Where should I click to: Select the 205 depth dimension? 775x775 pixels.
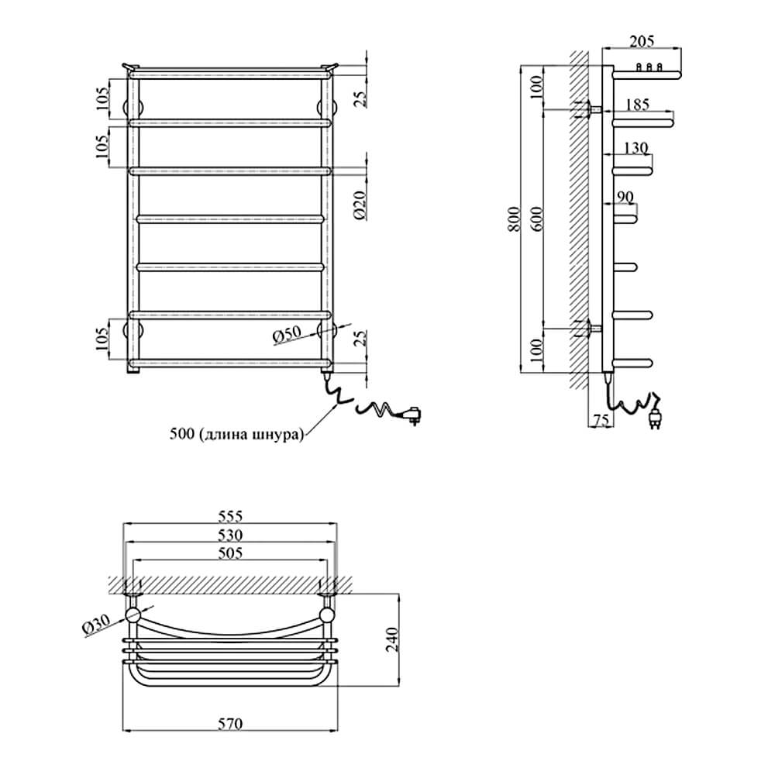click(x=642, y=41)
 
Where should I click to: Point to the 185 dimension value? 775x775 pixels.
click(x=637, y=105)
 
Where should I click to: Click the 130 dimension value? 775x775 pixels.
click(x=635, y=148)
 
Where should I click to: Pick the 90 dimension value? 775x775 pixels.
click(x=625, y=197)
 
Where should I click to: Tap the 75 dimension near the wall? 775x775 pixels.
click(x=601, y=420)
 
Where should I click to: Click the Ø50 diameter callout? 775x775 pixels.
click(x=287, y=335)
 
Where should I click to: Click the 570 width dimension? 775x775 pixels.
click(x=230, y=724)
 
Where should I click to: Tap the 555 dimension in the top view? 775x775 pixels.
click(x=230, y=516)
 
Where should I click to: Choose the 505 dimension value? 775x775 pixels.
click(x=230, y=553)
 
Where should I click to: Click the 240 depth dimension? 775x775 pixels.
click(x=392, y=639)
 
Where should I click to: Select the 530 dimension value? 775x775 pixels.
click(x=230, y=535)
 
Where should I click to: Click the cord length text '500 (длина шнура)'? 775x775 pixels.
click(x=236, y=435)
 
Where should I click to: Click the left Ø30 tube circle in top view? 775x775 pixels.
click(x=133, y=615)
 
